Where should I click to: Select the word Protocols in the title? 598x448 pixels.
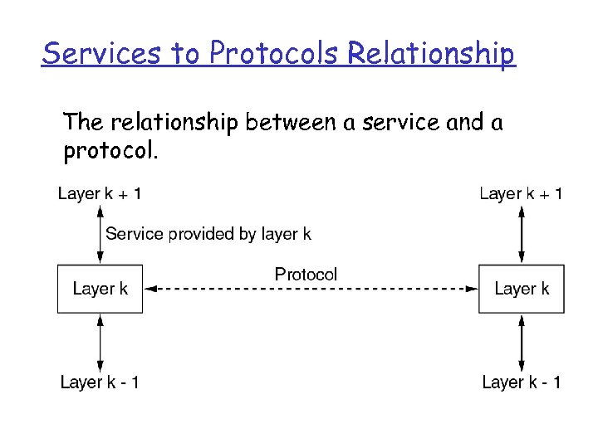point(275,53)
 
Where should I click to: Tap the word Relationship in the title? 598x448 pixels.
point(431,53)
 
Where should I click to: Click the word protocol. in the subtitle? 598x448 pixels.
point(109,152)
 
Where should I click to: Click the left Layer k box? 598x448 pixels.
point(100,289)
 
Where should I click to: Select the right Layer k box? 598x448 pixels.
point(521,289)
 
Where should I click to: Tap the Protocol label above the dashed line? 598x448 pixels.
point(306,274)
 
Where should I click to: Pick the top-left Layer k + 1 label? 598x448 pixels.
point(100,194)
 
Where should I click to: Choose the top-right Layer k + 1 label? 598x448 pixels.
point(521,194)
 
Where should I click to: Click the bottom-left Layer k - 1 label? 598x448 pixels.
point(100,382)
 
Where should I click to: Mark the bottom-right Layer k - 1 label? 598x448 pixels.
point(521,382)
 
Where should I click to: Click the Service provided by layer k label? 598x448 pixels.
point(208,234)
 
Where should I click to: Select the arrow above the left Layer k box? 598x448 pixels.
point(100,235)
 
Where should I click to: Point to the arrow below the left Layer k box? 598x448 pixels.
point(100,342)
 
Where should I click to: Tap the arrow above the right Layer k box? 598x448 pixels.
point(521,235)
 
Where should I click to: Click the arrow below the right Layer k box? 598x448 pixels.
point(521,342)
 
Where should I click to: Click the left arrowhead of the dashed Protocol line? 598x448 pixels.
point(150,289)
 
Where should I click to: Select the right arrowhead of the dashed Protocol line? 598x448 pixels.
point(471,289)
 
